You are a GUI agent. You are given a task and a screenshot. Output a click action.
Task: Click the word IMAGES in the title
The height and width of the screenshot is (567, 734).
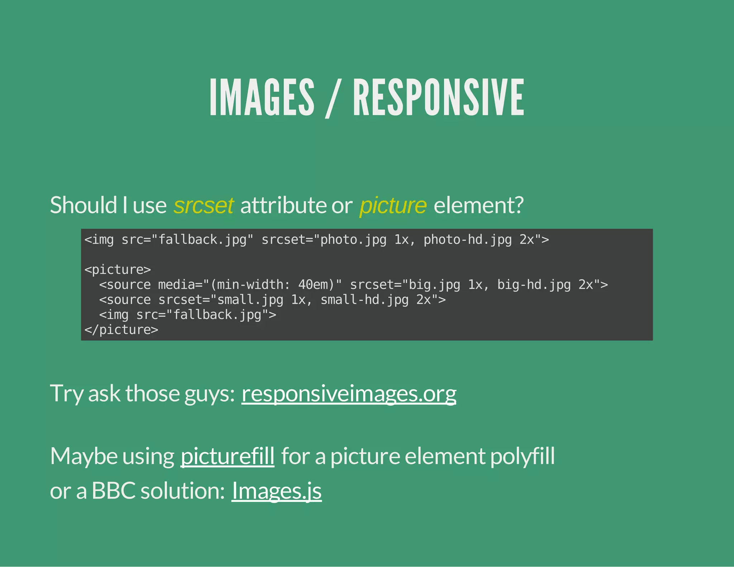pos(262,97)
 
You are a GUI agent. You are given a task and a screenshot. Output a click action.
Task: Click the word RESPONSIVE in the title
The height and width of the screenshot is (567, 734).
pos(439,97)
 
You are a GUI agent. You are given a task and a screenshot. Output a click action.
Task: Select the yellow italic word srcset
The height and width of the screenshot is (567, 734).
pos(204,205)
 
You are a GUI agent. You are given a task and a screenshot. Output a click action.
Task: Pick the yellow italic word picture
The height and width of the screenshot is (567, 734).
pos(393,205)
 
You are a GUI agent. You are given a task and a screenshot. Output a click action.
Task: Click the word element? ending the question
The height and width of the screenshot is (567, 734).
pos(478,205)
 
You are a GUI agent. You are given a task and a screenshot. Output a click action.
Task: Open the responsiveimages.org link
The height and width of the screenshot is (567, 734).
pos(349,394)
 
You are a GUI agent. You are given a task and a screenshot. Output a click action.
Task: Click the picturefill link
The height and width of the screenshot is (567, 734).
pos(227,456)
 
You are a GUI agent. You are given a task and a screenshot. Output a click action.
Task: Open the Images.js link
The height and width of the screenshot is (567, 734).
pos(276,491)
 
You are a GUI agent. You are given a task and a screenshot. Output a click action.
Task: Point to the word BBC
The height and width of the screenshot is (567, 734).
pos(114,491)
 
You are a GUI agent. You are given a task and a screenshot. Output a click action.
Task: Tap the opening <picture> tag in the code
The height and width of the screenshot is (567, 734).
pos(118,270)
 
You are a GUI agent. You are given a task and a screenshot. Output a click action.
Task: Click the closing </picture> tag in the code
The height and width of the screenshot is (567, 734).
pos(121,330)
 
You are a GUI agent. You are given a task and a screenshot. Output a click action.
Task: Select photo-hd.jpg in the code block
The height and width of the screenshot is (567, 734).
pos(468,239)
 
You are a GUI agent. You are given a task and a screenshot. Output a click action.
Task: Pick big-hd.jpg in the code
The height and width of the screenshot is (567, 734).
pos(534,285)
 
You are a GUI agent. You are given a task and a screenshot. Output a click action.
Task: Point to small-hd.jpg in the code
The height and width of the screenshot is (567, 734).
pos(364,300)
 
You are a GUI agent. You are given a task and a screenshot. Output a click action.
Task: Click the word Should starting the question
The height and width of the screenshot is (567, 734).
pos(83,205)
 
